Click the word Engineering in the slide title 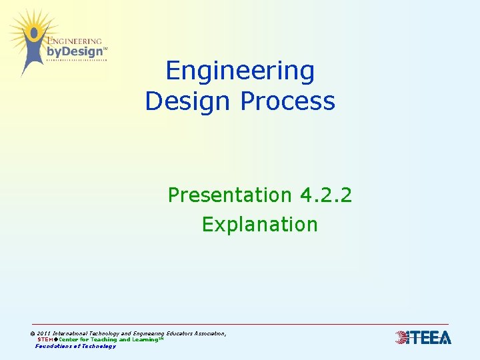coord(240,71)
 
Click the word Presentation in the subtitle coord(230,195)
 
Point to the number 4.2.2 coord(326,195)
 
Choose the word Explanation coord(260,225)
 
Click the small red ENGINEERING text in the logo coord(75,41)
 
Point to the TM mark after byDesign coord(105,49)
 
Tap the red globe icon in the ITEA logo coord(402,337)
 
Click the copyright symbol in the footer coord(33,333)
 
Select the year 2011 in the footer coord(43,333)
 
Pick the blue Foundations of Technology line coord(75,346)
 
